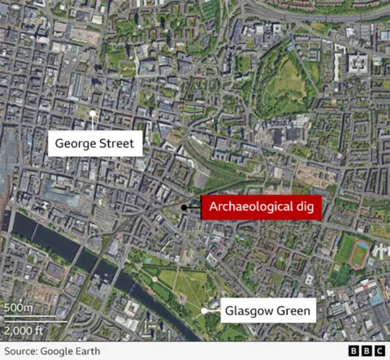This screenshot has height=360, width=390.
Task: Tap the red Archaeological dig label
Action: tap(261, 207)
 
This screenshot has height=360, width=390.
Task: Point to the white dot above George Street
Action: tap(93, 113)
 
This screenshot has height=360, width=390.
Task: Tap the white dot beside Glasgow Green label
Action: tap(203, 310)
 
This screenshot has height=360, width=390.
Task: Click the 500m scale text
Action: tap(19, 308)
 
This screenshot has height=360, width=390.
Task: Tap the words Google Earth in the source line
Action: tap(72, 351)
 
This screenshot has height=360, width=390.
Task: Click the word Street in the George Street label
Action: tap(119, 145)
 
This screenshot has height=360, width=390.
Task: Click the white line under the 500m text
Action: tap(32, 319)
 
